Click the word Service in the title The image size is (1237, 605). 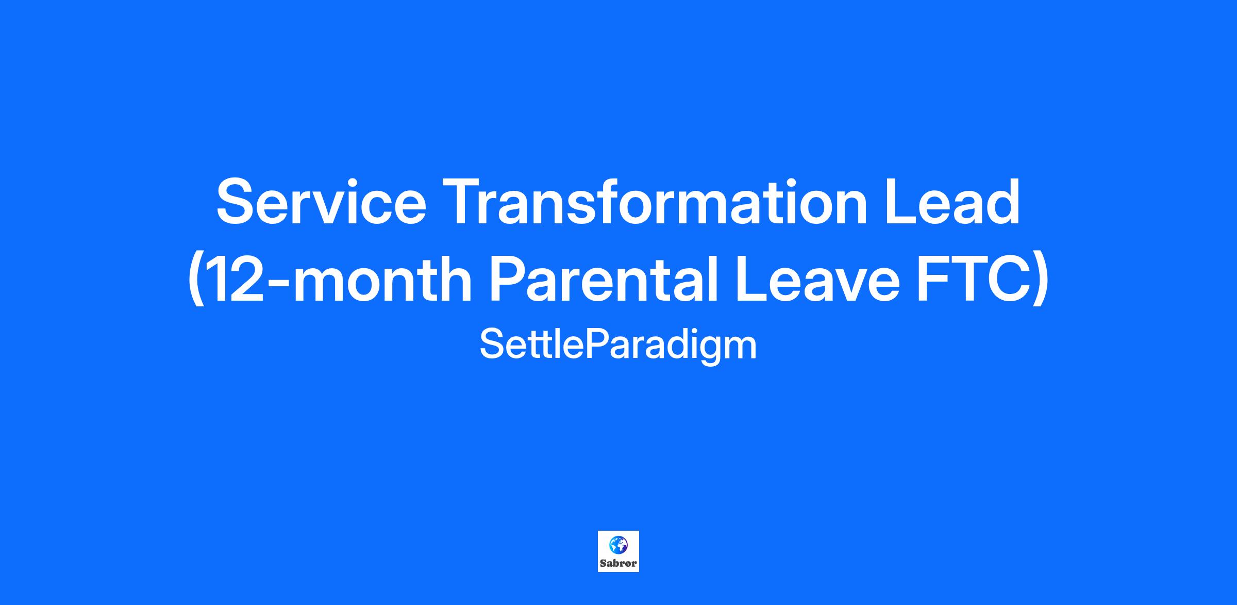pyautogui.click(x=321, y=202)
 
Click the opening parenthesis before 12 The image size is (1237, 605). pyautogui.click(x=195, y=281)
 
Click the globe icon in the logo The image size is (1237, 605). pyautogui.click(x=618, y=545)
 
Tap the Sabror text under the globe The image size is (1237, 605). pyautogui.click(x=618, y=564)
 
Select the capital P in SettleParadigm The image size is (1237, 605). pyautogui.click(x=596, y=344)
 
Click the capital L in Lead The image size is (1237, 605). pyautogui.click(x=902, y=202)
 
